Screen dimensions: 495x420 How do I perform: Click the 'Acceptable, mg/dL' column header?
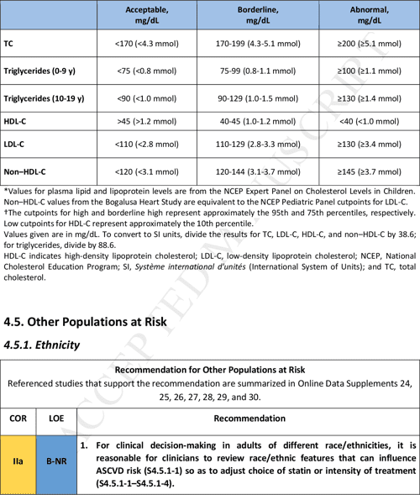click(146, 14)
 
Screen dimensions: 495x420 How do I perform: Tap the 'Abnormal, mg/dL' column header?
click(367, 14)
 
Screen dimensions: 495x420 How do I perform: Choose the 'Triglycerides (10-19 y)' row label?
click(44, 98)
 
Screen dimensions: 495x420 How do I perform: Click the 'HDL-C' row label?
click(17, 121)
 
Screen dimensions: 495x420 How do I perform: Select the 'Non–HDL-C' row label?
click(24, 172)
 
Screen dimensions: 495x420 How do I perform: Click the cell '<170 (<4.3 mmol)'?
click(146, 43)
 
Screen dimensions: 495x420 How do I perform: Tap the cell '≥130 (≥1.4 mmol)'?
click(367, 98)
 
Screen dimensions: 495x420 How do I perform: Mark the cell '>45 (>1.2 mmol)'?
click(146, 121)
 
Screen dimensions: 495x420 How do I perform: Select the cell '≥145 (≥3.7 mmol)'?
click(367, 172)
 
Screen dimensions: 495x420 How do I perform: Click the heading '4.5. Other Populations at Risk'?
click(86, 322)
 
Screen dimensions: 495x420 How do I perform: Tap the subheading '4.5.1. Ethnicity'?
click(42, 345)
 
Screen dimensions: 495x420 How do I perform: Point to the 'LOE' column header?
click(56, 418)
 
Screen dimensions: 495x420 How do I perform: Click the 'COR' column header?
click(18, 418)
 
